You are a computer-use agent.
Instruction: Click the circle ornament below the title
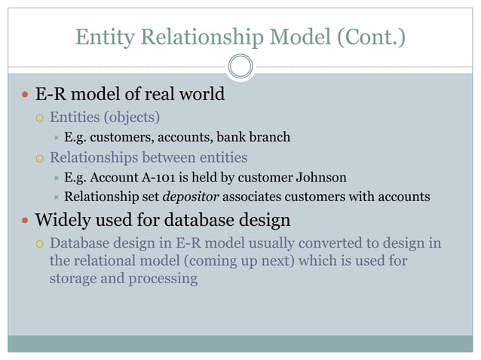240,68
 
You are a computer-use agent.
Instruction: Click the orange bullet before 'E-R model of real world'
25,96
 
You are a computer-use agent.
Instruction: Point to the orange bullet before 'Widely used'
25,222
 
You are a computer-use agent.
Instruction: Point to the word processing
161,279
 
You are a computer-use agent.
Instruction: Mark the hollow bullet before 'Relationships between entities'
41,158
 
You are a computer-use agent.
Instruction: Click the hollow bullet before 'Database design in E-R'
41,244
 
